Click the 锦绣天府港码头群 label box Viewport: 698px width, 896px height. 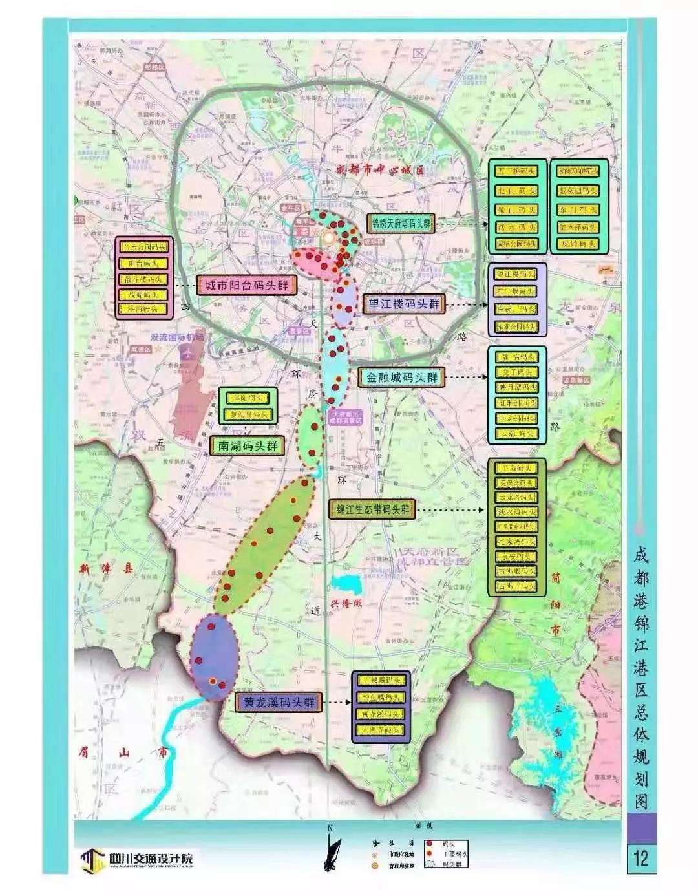click(401, 224)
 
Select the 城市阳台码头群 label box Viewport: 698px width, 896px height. click(246, 285)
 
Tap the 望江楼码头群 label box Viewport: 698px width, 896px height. click(403, 303)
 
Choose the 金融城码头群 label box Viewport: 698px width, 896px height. click(402, 378)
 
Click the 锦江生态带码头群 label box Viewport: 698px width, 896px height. click(374, 509)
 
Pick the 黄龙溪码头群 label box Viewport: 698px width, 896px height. click(279, 702)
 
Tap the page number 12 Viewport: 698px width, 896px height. click(640, 857)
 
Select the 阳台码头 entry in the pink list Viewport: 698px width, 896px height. click(143, 264)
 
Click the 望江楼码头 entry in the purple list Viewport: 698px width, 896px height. click(516, 274)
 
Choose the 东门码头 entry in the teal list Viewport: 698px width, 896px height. click(578, 209)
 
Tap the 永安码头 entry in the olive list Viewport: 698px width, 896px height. click(516, 557)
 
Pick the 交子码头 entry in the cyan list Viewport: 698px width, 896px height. click(516, 372)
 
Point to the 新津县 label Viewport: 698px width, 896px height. click(106, 569)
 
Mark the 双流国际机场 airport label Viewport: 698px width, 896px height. click(176, 337)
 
